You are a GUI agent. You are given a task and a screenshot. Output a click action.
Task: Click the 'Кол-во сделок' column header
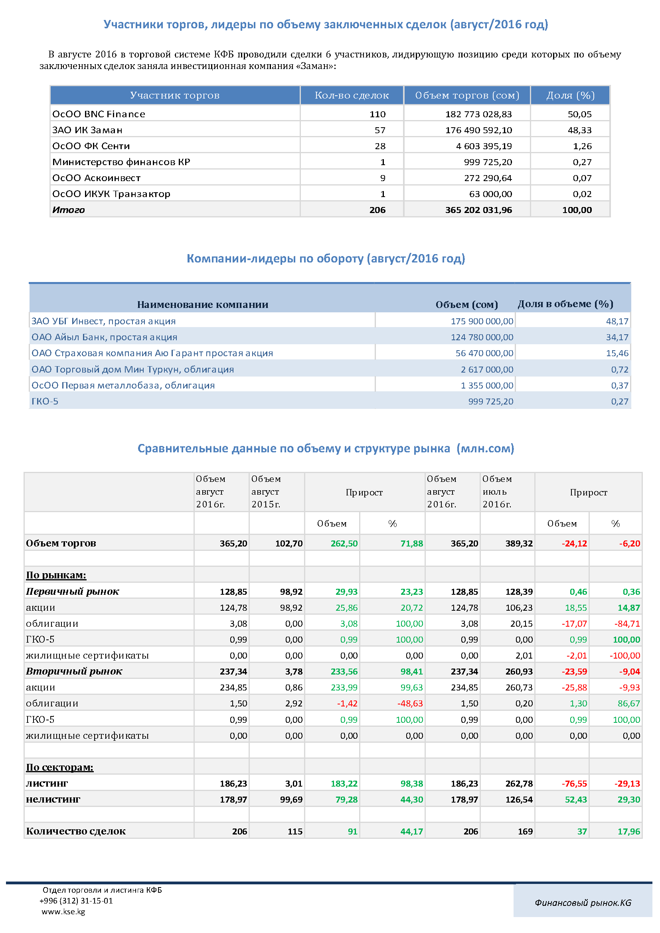coord(352,95)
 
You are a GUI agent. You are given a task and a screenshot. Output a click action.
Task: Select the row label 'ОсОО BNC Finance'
coord(99,114)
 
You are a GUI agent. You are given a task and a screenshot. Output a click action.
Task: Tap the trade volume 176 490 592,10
coord(479,130)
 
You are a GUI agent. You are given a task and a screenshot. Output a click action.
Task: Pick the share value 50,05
coord(579,114)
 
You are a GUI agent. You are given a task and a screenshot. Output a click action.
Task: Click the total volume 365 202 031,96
coord(479,210)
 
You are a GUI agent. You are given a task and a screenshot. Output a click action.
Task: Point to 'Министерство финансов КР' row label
coord(121,162)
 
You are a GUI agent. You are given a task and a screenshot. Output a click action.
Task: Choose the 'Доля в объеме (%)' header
coord(565,304)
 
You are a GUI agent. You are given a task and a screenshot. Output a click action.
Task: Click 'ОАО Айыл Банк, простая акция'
coord(105,337)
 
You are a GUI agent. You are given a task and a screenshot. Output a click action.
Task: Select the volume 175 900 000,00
coord(482,322)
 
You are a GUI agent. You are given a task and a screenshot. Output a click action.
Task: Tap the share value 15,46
coord(617,353)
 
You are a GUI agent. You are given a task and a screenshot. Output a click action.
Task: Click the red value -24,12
coord(575,544)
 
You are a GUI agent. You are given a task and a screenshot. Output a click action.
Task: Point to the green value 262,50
coord(344,544)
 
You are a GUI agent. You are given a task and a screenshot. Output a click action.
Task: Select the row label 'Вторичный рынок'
coord(74,671)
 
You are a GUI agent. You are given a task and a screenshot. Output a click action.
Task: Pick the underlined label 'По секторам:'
coord(60,767)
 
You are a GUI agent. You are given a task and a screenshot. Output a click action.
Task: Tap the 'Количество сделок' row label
coord(76,831)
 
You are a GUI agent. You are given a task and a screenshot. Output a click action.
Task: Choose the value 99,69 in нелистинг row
coord(291,800)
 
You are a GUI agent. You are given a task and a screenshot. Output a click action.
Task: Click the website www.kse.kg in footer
coord(63,911)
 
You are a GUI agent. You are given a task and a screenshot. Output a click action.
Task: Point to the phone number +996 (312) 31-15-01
coord(76,901)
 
